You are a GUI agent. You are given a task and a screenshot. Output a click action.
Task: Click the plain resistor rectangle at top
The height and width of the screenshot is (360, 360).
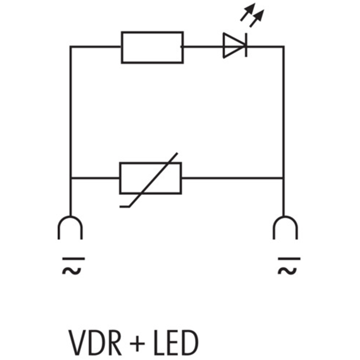tap(152, 47)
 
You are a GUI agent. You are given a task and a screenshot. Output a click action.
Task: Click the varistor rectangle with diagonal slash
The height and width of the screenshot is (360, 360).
tap(150, 178)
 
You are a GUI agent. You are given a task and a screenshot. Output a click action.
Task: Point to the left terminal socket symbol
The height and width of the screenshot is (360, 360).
tap(70, 227)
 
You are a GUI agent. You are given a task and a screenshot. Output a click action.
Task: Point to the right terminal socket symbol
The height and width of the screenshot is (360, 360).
tap(285, 227)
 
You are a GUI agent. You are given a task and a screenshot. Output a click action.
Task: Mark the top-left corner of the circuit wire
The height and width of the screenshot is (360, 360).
tap(71, 47)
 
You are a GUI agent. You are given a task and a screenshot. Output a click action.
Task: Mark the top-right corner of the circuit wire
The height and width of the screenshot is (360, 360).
tap(283, 47)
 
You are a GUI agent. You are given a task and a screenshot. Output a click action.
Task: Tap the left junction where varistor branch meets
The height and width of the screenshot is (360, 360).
tap(71, 178)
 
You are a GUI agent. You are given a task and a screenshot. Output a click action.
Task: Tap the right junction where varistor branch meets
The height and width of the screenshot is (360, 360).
tap(283, 178)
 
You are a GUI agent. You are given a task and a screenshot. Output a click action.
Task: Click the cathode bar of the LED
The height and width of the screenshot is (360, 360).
tap(246, 46)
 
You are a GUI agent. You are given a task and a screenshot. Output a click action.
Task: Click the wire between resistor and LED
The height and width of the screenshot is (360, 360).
tap(202, 46)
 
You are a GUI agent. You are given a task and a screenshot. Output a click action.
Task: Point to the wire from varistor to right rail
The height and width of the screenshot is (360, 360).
tap(232, 178)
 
